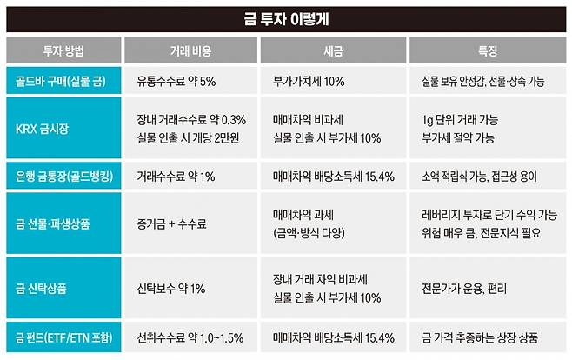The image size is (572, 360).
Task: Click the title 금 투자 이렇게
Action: [286, 17]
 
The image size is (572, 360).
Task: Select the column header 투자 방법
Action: [63, 49]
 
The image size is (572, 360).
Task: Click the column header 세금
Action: [334, 49]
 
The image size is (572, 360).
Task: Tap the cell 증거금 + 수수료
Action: [171, 223]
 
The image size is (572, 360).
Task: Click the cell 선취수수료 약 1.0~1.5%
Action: [191, 337]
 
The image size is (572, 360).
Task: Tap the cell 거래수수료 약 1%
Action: [179, 176]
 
